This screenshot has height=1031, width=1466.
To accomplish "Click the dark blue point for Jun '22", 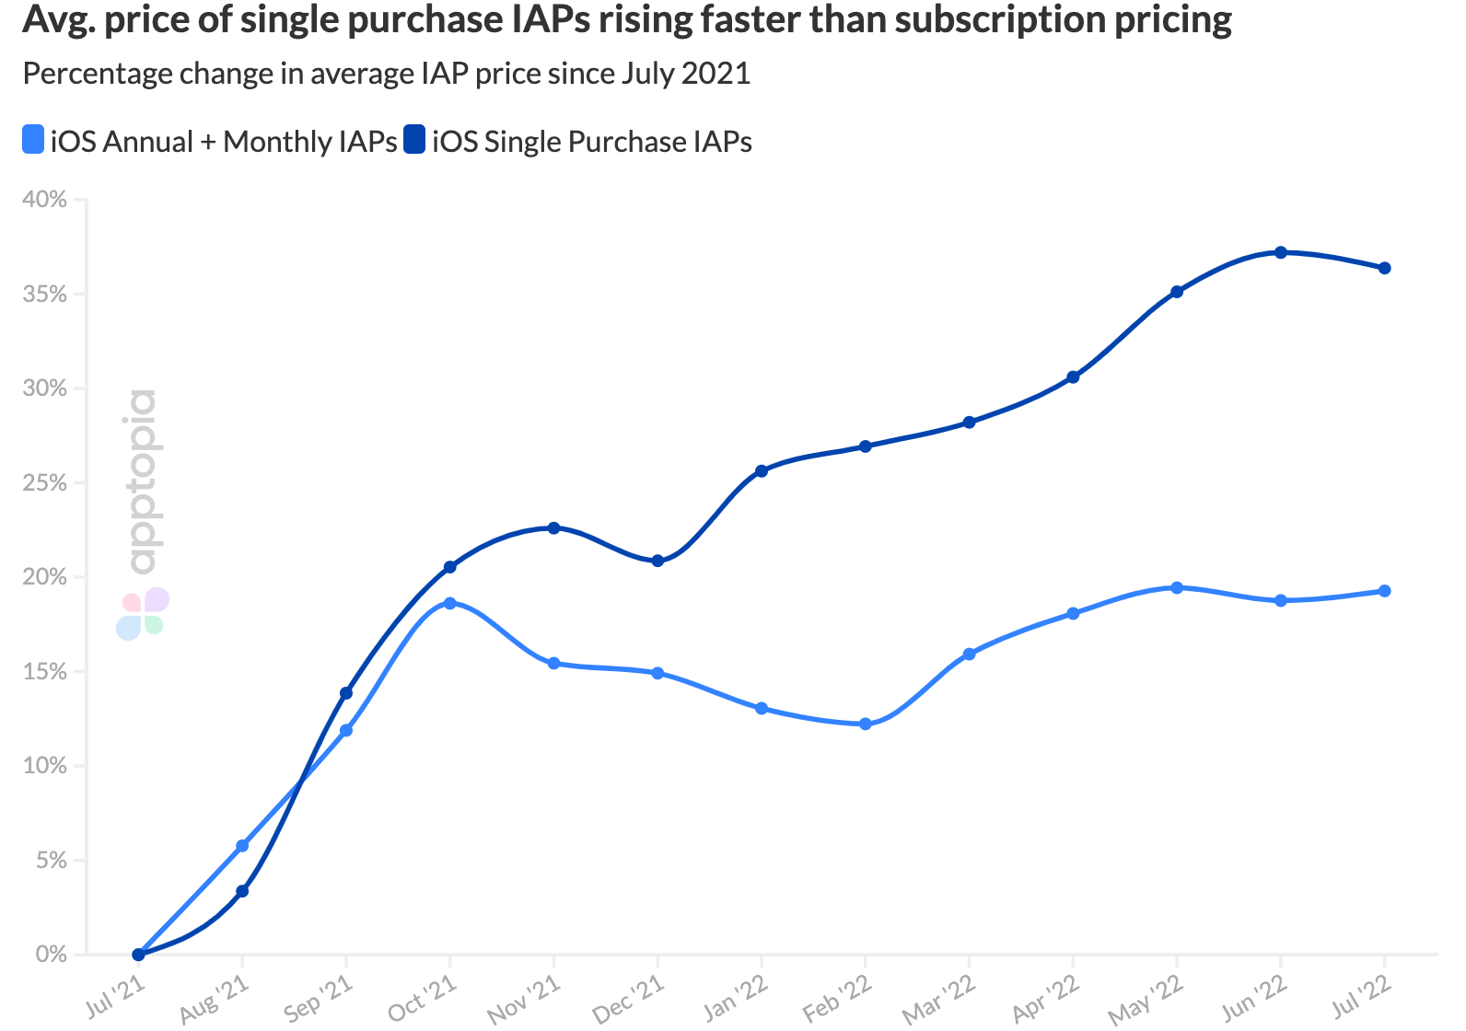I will pyautogui.click(x=1280, y=252).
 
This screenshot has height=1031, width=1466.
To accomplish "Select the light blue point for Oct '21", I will pyautogui.click(x=449, y=603).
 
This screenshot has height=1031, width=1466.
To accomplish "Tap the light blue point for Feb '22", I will pyautogui.click(x=865, y=724).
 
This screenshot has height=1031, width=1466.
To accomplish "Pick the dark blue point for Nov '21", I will pyautogui.click(x=553, y=527).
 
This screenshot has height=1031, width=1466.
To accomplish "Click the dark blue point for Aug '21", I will pyautogui.click(x=242, y=891).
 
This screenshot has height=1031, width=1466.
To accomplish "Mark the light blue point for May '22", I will pyautogui.click(x=1176, y=587).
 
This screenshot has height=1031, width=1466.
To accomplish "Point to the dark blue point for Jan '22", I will pyautogui.click(x=762, y=470).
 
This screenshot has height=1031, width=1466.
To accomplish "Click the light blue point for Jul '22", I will pyautogui.click(x=1384, y=591).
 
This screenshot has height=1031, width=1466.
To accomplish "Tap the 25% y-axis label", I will pyautogui.click(x=44, y=483).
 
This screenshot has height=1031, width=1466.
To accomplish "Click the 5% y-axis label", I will pyautogui.click(x=51, y=861).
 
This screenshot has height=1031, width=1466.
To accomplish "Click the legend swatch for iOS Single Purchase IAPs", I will pyautogui.click(x=414, y=141).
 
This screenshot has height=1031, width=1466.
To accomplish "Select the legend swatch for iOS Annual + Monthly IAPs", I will pyautogui.click(x=33, y=141).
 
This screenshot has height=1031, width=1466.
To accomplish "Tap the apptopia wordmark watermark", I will pyautogui.click(x=143, y=481).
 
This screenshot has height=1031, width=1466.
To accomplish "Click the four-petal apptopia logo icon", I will pyautogui.click(x=143, y=614).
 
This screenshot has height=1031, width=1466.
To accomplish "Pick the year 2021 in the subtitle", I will pyautogui.click(x=716, y=74).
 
